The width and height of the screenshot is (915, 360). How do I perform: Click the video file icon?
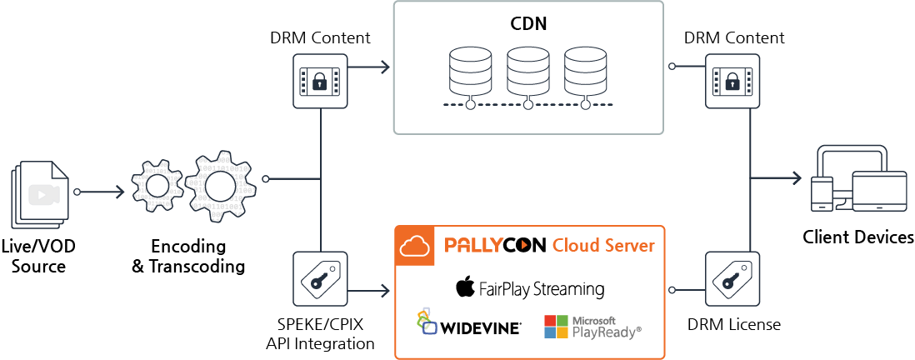pyautogui.click(x=41, y=193)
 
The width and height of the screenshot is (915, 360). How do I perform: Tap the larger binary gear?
pyautogui.click(x=218, y=187)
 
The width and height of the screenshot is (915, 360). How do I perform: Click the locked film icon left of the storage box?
pyautogui.click(x=320, y=81)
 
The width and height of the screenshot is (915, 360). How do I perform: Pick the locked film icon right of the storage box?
pyautogui.click(x=732, y=81)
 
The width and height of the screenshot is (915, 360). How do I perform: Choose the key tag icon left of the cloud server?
pyautogui.click(x=320, y=278)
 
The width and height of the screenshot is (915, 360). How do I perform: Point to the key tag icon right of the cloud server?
pyautogui.click(x=732, y=278)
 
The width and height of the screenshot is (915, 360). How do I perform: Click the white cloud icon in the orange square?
pyautogui.click(x=414, y=246)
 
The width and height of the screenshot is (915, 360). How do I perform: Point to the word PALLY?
pyautogui.click(x=473, y=246)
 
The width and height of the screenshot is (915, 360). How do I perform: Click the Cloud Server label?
pyautogui.click(x=603, y=246)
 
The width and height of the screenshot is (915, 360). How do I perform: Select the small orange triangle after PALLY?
pyautogui.click(x=524, y=246)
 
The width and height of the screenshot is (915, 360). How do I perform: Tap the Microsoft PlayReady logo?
pyautogui.click(x=592, y=327)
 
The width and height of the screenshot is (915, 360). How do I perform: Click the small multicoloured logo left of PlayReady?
pyautogui.click(x=427, y=322)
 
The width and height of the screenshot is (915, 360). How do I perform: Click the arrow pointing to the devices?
pyautogui.click(x=778, y=177)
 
